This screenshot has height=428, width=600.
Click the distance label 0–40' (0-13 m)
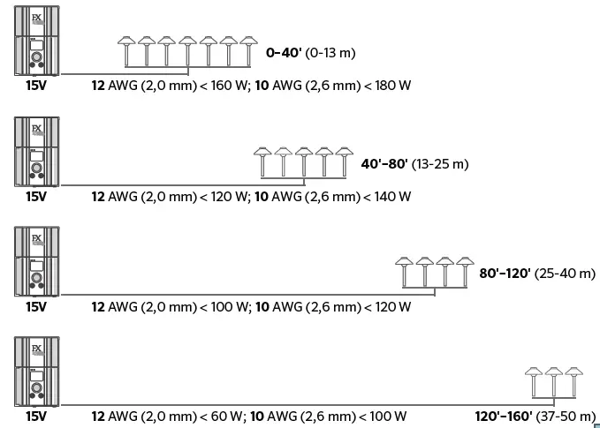click(310, 53)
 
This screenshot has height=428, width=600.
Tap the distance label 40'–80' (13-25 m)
click(414, 164)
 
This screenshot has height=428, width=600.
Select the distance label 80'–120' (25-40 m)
click(537, 274)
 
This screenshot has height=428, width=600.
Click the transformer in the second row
click(37, 152)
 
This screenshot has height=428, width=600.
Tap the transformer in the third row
click(37, 262)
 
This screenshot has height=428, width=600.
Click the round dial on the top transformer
click(37, 62)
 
